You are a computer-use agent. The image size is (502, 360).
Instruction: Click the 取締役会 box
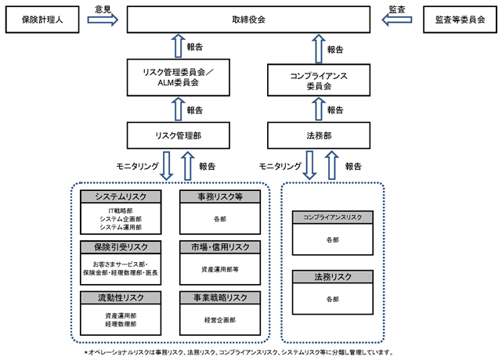click(248, 20)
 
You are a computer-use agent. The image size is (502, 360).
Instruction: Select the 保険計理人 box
click(42, 20)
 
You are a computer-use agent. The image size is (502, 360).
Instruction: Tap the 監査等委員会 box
click(460, 20)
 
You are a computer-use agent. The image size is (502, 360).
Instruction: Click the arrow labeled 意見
click(103, 20)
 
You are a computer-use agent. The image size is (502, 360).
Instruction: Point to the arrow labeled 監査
click(397, 20)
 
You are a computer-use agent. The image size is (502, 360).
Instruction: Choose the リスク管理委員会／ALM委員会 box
click(179, 77)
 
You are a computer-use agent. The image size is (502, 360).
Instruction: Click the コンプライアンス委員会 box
click(319, 80)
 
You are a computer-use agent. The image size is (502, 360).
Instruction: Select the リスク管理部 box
click(179, 135)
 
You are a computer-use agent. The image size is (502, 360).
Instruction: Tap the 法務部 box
click(319, 135)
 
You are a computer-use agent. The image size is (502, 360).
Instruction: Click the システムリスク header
click(121, 196)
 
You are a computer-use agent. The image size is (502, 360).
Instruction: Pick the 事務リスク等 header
click(220, 196)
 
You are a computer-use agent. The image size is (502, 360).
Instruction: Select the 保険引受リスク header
click(121, 247)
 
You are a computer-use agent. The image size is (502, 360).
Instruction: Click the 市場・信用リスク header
click(220, 247)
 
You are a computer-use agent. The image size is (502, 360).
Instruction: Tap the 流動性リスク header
click(121, 297)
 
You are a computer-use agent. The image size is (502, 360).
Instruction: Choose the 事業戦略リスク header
click(220, 297)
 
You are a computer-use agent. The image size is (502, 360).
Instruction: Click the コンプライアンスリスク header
click(333, 218)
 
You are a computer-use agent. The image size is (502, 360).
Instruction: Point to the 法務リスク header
click(333, 277)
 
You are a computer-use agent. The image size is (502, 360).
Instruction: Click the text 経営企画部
click(220, 320)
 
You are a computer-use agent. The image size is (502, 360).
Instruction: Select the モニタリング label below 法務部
click(280, 166)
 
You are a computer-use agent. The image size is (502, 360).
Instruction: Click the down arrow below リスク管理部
click(167, 166)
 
